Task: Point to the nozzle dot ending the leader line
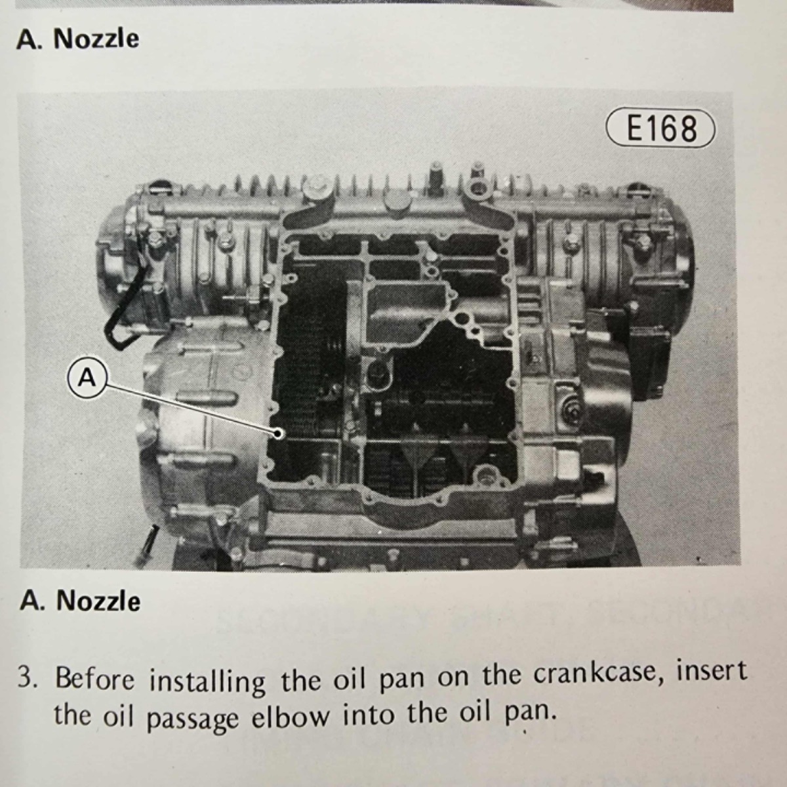[x=279, y=434]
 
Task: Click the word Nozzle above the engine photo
[x=96, y=39]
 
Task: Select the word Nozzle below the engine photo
[x=98, y=601]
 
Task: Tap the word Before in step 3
[x=94, y=679]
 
